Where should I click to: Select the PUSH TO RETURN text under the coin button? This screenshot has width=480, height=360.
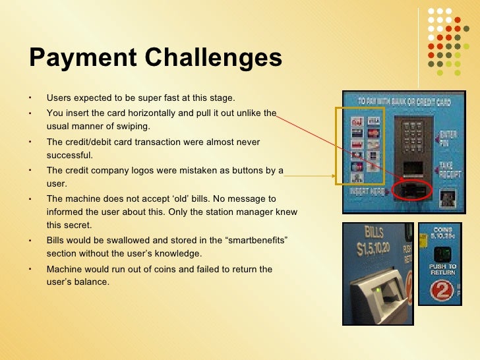pos(442,270)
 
